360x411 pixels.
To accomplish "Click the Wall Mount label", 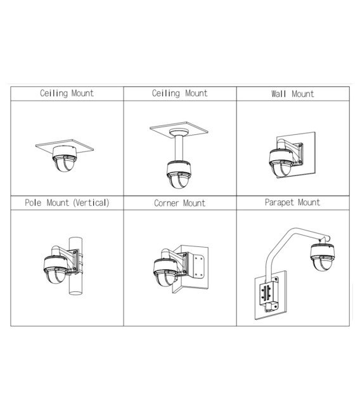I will click(x=292, y=94).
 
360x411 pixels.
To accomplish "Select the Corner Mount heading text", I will click(x=179, y=203).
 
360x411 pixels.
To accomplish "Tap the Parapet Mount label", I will click(x=292, y=203).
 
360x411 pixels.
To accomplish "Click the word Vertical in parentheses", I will click(x=91, y=203).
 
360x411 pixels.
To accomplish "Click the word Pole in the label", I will click(x=34, y=203).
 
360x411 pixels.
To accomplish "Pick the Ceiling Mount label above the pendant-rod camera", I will click(x=179, y=93).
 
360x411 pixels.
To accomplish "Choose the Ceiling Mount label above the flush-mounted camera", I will click(x=67, y=93).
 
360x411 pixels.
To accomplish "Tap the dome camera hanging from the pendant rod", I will click(x=179, y=176).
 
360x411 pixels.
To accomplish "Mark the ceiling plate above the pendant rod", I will click(x=179, y=129).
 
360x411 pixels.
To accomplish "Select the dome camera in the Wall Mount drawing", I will click(x=280, y=162).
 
